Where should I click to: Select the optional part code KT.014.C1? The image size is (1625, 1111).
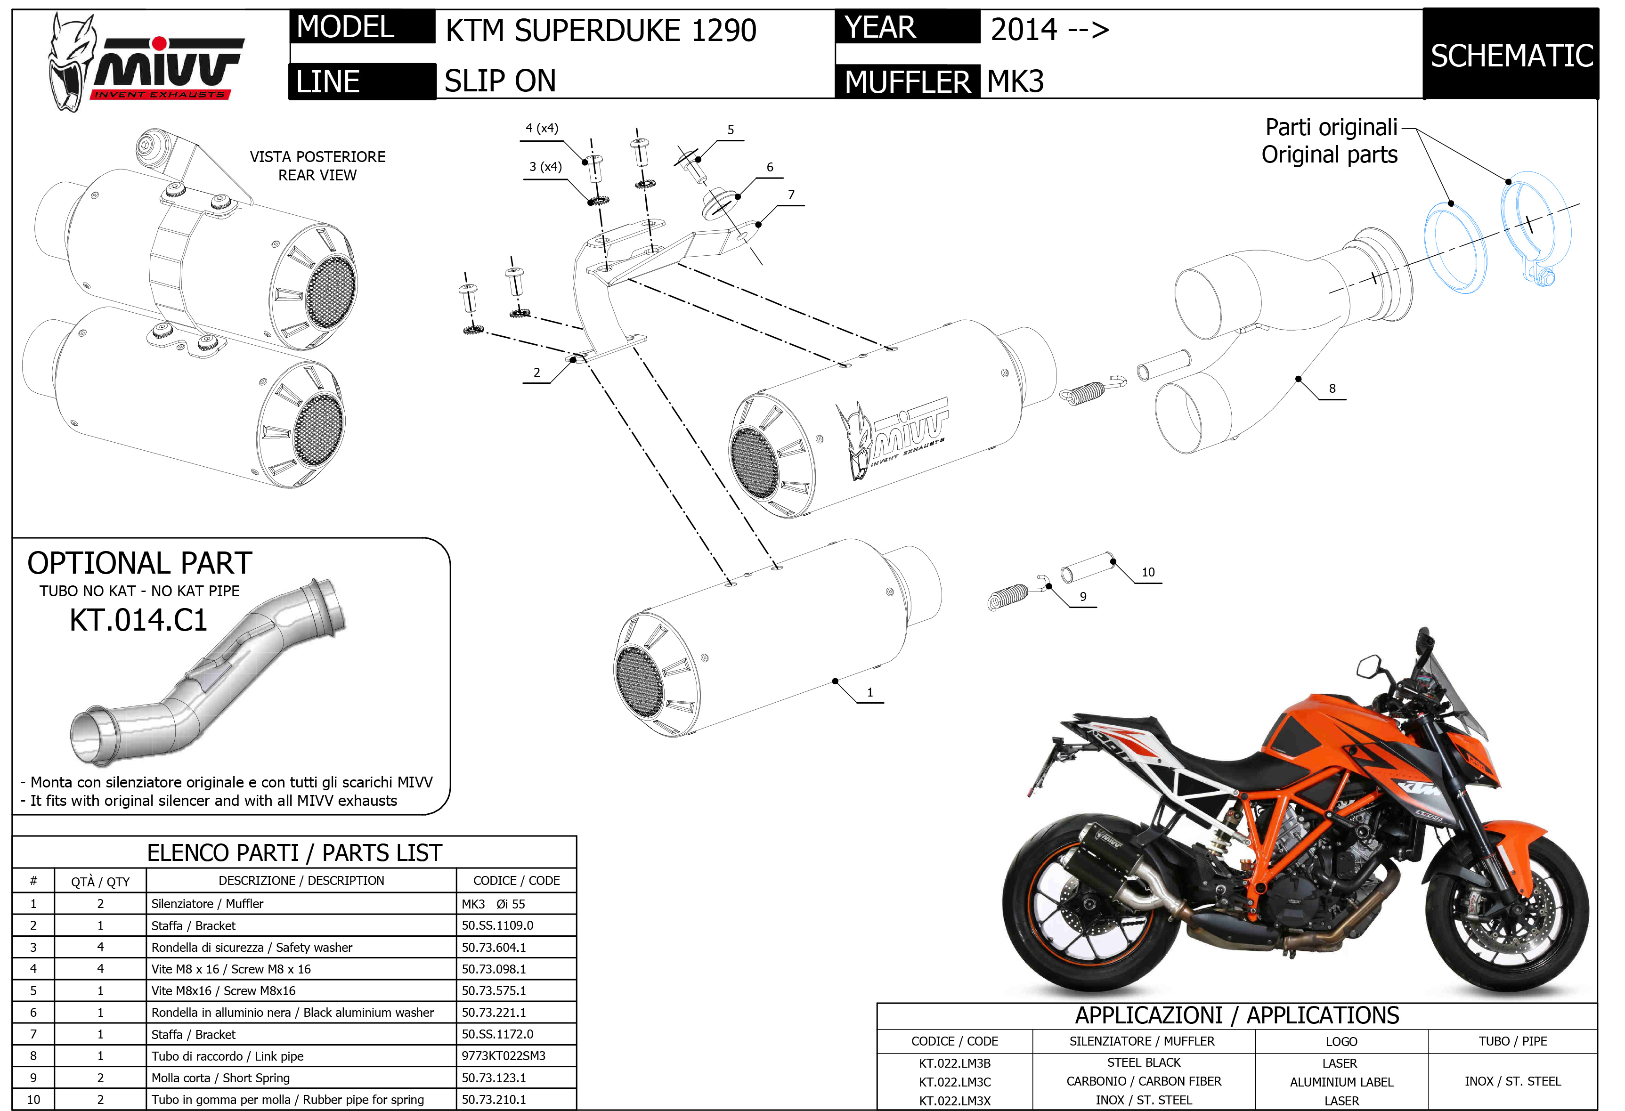pos(138,620)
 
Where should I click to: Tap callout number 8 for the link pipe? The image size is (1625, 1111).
pos(1332,389)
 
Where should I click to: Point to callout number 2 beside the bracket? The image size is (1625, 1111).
pos(536,373)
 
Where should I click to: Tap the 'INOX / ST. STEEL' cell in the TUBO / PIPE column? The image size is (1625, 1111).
pos(1512,1082)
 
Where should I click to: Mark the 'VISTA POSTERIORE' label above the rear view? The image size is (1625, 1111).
pos(317,157)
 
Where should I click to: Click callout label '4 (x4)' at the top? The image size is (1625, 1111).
pos(542,128)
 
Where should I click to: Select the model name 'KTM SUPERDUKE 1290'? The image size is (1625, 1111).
pos(601,31)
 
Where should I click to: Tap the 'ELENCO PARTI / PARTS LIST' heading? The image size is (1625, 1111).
pos(294,853)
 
